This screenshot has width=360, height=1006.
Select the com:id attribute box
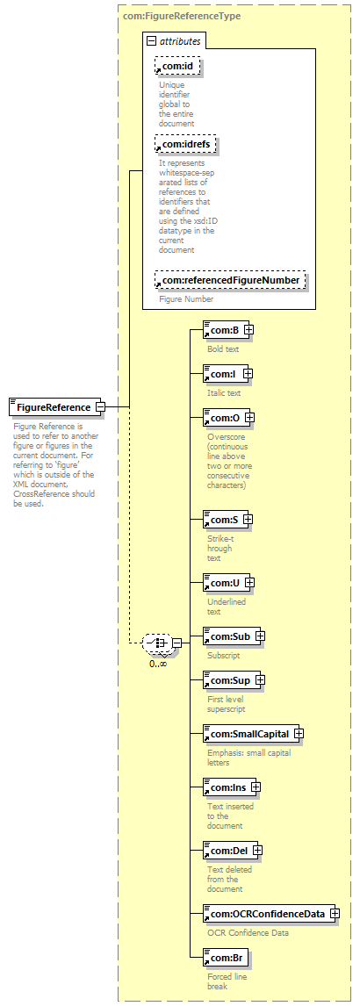tap(177, 66)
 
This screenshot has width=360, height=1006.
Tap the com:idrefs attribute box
tap(185, 144)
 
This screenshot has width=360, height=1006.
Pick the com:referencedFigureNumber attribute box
tap(230, 280)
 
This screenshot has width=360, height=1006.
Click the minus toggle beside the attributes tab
tap(151, 41)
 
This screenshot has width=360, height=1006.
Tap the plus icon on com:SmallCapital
tap(299, 733)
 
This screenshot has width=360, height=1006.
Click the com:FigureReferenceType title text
tap(182, 16)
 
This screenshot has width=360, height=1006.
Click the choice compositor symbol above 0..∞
tap(156, 643)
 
